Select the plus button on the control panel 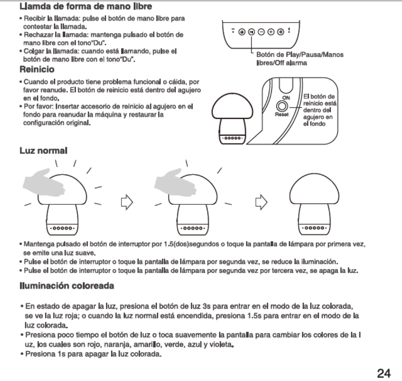click(271, 32)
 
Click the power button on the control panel click(242, 32)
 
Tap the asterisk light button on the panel click(280, 32)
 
